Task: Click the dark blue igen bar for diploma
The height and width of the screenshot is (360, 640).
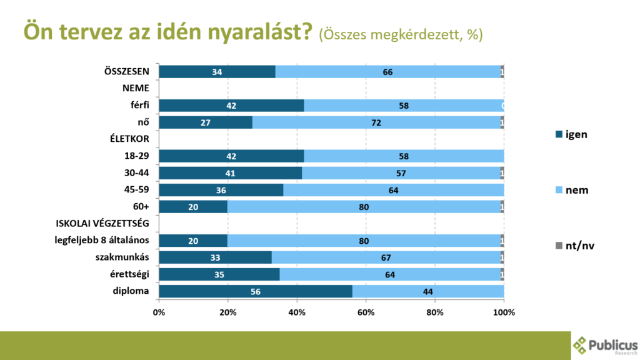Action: click(256, 291)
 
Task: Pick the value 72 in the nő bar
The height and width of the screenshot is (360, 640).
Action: click(376, 122)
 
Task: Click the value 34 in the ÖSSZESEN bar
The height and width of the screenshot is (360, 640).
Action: click(217, 72)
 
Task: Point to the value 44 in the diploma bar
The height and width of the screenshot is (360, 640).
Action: click(427, 291)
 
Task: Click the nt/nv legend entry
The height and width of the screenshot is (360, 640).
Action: click(573, 246)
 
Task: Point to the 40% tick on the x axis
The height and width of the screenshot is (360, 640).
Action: click(297, 312)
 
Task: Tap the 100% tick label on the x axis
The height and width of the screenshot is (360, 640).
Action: click(504, 312)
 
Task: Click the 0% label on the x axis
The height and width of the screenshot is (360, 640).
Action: click(159, 312)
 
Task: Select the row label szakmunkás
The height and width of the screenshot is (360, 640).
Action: click(127, 257)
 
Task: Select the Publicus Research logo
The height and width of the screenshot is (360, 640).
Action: click(605, 346)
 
